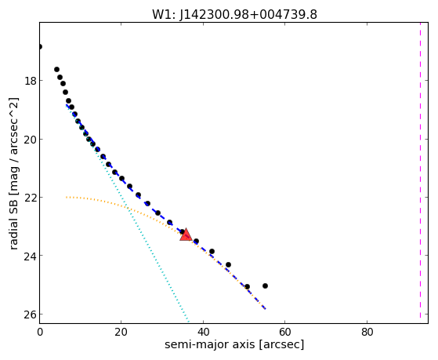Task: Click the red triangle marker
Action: click(186, 235)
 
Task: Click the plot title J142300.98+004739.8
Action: click(234, 14)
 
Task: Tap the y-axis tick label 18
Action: click(30, 81)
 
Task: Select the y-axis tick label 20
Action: click(30, 140)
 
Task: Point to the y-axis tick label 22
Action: click(30, 198)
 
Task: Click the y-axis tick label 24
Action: click(30, 256)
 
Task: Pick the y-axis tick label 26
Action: click(30, 315)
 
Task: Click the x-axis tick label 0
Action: click(40, 332)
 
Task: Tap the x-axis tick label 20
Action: click(121, 332)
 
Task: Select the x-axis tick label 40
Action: click(203, 332)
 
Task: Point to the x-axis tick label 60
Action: click(284, 332)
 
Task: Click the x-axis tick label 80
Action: click(367, 332)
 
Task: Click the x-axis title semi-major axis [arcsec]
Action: click(234, 344)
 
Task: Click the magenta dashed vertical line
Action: click(420, 170)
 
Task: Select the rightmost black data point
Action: click(265, 285)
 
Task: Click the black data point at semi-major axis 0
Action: click(40, 46)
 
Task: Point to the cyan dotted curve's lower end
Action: click(189, 322)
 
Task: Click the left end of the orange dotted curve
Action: click(67, 197)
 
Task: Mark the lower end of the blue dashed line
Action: click(266, 309)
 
